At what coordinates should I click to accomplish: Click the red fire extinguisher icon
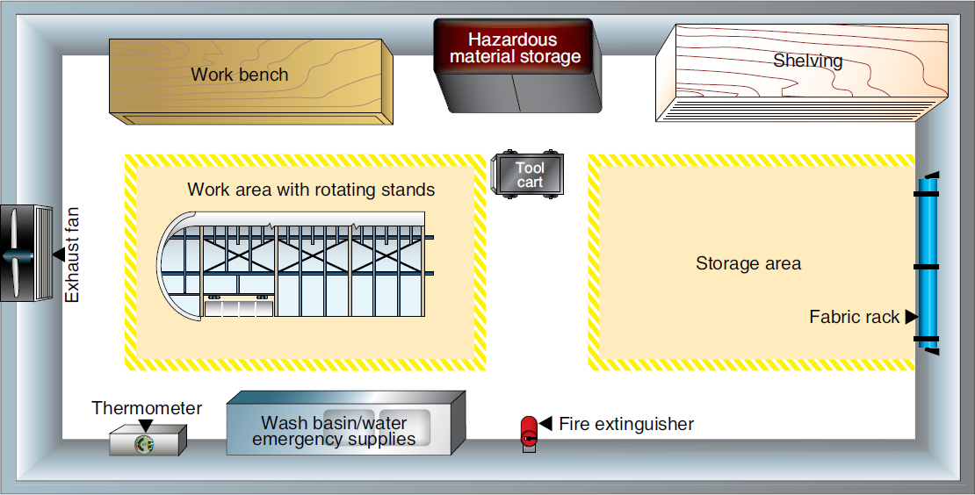pos(529,433)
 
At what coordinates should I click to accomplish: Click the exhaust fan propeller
pos(15,255)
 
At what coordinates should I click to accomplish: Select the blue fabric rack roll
pos(928,263)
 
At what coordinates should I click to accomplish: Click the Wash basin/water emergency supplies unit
pos(343,422)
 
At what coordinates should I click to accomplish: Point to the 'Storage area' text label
pos(747,263)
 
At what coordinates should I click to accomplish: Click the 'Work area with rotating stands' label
pos(311,190)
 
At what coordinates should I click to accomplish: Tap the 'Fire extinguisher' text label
pos(626,425)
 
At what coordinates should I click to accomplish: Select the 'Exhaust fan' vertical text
pos(74,255)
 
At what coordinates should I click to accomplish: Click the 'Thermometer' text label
pos(147,408)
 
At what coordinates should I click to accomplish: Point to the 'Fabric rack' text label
pos(854,317)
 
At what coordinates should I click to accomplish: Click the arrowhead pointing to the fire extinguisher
pos(545,424)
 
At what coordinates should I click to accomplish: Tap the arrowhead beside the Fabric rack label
pos(911,316)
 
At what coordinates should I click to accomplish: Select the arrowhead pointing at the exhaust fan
pos(58,255)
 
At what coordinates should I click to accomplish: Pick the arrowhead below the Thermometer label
pos(146,425)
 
